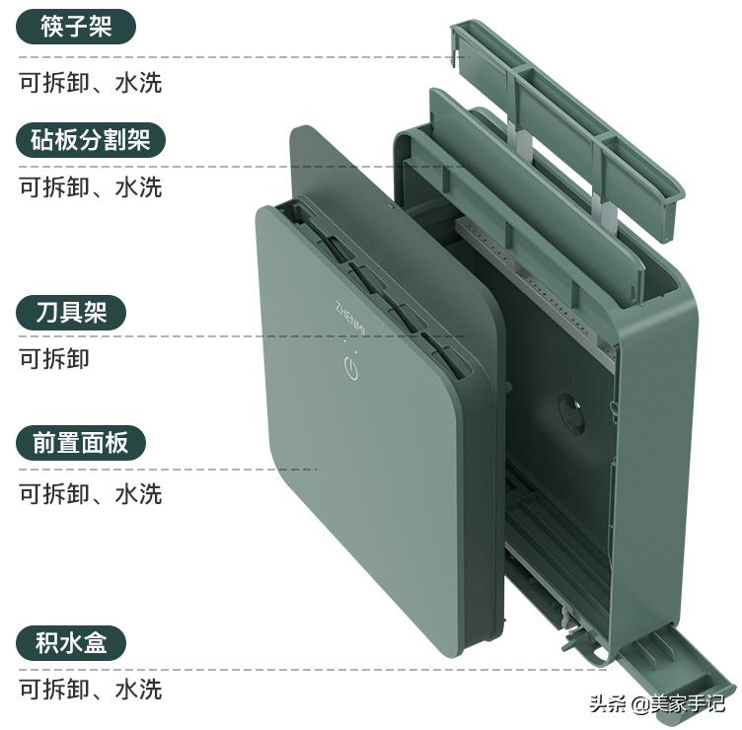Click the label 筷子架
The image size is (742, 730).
click(76, 27)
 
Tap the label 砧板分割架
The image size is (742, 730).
click(91, 140)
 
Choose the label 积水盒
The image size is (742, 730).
click(76, 644)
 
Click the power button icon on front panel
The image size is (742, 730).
click(350, 371)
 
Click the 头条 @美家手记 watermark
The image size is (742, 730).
click(656, 703)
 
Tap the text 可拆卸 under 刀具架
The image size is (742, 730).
click(54, 358)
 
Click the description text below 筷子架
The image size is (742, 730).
click(91, 82)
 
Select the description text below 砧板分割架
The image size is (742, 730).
click(91, 185)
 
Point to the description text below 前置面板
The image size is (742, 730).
click(91, 492)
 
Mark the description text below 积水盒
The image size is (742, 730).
click(91, 688)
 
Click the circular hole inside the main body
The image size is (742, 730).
click(569, 408)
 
